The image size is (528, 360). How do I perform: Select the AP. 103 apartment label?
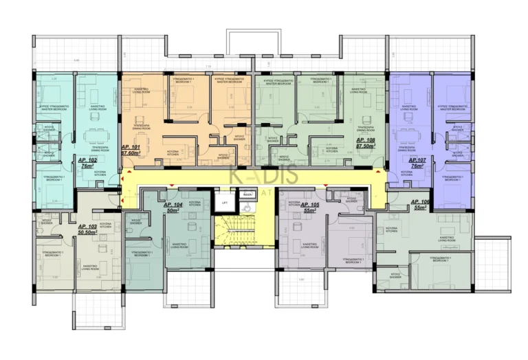[x=88, y=226]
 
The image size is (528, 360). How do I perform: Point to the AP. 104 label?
[x=173, y=205]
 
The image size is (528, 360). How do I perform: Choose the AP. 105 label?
[x=311, y=205]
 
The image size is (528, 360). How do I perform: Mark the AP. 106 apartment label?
[x=420, y=201]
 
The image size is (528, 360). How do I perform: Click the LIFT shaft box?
[x=223, y=203]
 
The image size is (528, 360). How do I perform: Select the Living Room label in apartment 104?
[x=181, y=245]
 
